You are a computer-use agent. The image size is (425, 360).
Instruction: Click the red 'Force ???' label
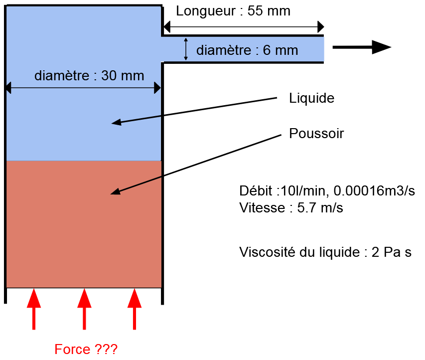pyautogui.click(x=86, y=349)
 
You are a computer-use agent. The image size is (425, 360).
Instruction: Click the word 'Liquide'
pyautogui.click(x=311, y=98)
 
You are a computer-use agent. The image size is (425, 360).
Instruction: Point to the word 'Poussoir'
pyautogui.click(x=316, y=134)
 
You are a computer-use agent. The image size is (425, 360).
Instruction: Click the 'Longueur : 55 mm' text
pyautogui.click(x=233, y=11)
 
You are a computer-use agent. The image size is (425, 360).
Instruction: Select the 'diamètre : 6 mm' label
pyautogui.click(x=247, y=50)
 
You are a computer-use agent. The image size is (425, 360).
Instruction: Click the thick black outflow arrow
pyautogui.click(x=361, y=47)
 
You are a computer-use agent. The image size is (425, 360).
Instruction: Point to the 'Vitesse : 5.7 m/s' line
pyautogui.click(x=291, y=208)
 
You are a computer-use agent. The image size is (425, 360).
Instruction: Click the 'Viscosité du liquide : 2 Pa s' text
pyautogui.click(x=325, y=252)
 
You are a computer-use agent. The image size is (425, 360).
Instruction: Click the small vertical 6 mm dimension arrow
pyautogui.click(x=186, y=49)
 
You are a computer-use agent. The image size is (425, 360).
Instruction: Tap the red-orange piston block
pyautogui.click(x=84, y=224)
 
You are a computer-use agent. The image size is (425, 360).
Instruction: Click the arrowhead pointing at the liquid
pyautogui.click(x=116, y=123)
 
